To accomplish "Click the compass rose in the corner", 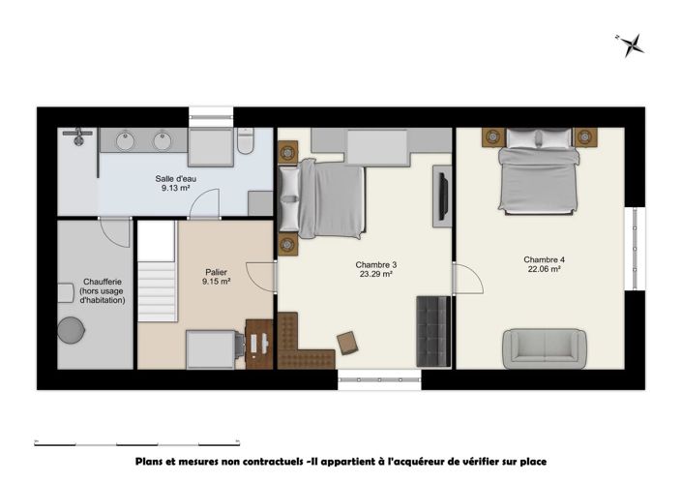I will [x=633, y=44].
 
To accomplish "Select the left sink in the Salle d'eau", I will [x=125, y=142].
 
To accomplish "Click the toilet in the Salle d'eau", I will [x=247, y=144].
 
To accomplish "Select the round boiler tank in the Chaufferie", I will [x=71, y=330].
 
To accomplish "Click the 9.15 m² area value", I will [x=216, y=282].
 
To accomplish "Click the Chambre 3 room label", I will [x=376, y=264].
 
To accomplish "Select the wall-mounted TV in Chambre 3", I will [x=443, y=194].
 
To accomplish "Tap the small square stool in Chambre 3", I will [x=347, y=342].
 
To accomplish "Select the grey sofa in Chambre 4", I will [x=543, y=346].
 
